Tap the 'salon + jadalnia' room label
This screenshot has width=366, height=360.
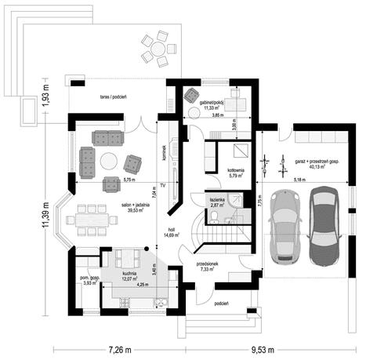coord(137,205)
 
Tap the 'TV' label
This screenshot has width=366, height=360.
coord(163,186)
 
